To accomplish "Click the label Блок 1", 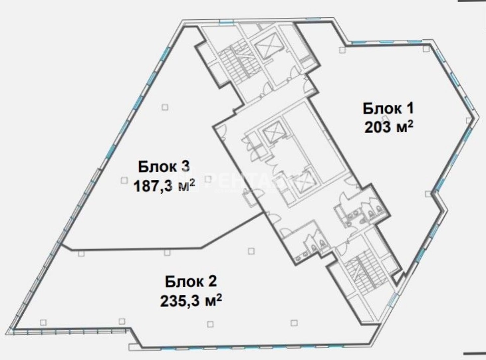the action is (x=388, y=109).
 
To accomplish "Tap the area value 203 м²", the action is (x=388, y=127).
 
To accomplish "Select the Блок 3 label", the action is (x=164, y=167).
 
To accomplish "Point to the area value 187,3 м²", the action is (x=164, y=186).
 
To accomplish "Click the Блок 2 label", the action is (x=191, y=282).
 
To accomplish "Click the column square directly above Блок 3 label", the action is (x=165, y=107).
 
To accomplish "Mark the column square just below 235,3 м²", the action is (x=210, y=324).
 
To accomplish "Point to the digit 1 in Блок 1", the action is (x=409, y=109).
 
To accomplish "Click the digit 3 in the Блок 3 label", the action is (x=185, y=167).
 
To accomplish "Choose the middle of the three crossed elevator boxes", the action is (x=272, y=132).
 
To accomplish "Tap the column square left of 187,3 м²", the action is (x=124, y=180).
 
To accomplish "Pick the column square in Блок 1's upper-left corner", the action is (x=342, y=50).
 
